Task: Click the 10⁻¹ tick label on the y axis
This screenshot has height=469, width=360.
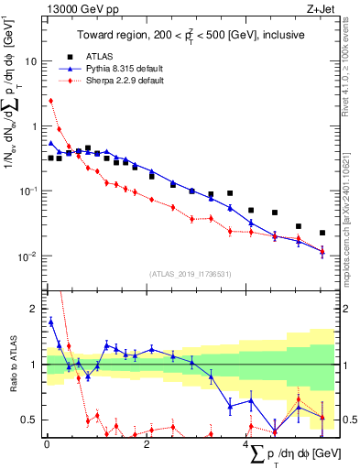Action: pos(30,191)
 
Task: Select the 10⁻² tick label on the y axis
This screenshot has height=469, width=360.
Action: pos(30,256)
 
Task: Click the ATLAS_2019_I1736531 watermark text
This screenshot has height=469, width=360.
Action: pos(190,274)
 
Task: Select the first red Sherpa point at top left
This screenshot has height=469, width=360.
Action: pos(51,101)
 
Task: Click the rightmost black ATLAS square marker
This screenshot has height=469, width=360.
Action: pos(322,233)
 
